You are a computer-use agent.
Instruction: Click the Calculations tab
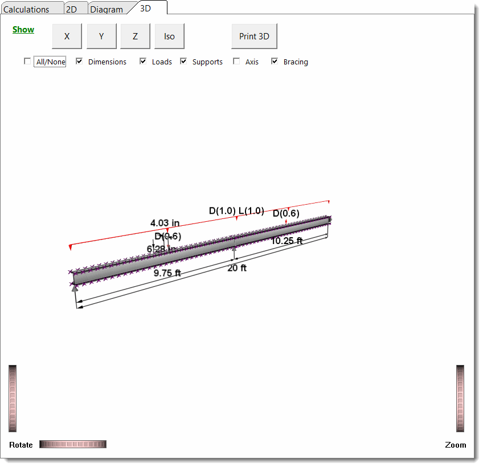click(26, 9)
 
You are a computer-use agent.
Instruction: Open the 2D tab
click(72, 9)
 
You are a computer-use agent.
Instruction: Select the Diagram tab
click(107, 9)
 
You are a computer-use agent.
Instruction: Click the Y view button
click(101, 36)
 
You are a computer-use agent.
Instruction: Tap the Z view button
click(135, 36)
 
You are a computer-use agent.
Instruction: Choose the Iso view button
click(169, 36)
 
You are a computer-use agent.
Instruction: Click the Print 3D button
click(254, 36)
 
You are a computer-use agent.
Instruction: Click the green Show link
click(23, 30)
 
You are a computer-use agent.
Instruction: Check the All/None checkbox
click(27, 62)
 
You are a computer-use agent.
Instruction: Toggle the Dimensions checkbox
click(80, 62)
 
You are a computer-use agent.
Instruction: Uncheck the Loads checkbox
click(143, 62)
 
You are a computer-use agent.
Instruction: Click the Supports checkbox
click(184, 62)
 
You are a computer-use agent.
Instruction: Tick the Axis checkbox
click(236, 62)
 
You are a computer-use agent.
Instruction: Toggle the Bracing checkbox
click(275, 62)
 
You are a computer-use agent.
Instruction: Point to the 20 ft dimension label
click(237, 268)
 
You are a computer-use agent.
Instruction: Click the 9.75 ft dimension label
click(167, 273)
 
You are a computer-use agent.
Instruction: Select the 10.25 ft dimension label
click(286, 241)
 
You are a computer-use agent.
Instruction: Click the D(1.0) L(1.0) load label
click(236, 210)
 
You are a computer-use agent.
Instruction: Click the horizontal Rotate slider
click(73, 444)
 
